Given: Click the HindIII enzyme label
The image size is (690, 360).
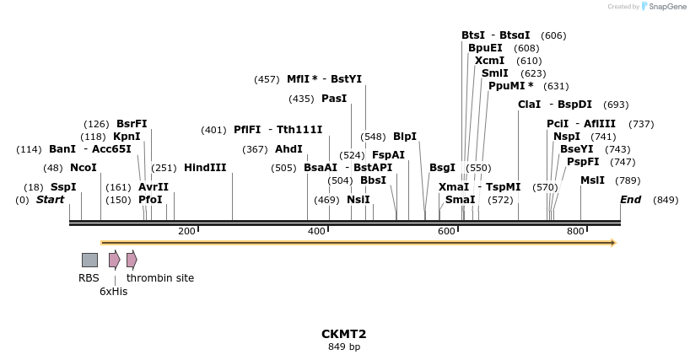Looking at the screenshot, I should point(205,168).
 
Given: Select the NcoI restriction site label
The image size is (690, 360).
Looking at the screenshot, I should point(84,168).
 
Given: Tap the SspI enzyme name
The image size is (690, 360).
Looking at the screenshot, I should point(63,187).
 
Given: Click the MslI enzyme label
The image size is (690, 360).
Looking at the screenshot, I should point(592,180).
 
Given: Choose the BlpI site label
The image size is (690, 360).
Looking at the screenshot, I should point(405,137).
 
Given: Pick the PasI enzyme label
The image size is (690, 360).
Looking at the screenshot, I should point(334,99).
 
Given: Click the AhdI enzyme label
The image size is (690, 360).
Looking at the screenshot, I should point(288,149).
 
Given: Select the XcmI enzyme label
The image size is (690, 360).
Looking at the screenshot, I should point(490,61).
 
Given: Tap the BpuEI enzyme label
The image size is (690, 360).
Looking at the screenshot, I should point(485,48).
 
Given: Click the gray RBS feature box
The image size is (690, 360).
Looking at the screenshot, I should point(89,260).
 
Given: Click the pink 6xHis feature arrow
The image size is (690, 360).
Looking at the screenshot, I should point(114,260).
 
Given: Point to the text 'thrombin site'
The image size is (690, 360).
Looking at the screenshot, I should point(160,278).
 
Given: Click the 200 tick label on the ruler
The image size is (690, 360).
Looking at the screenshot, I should point(187,231).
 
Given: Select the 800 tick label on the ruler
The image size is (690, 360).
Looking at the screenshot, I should point(575,231).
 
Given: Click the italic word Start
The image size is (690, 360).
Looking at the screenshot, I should point(50,200).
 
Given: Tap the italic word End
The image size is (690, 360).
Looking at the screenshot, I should point(630,200).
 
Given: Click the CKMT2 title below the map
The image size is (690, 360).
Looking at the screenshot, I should point(344,334).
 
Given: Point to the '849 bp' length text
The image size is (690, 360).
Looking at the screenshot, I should point(344,347).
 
